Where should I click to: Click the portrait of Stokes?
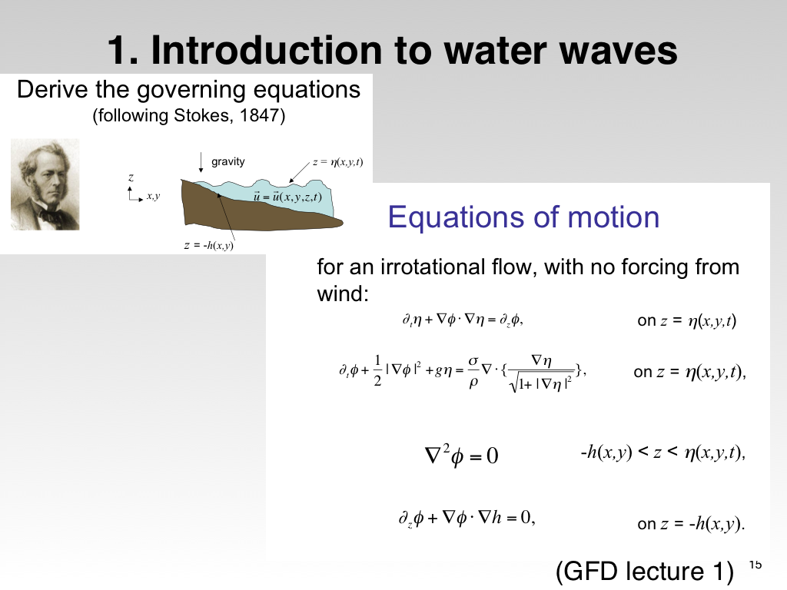(45, 184)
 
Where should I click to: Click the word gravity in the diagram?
(227, 161)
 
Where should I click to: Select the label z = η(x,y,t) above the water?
(337, 162)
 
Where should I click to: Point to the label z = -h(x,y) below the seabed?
(208, 245)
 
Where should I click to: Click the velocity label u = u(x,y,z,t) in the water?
(287, 197)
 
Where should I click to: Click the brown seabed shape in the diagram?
(251, 210)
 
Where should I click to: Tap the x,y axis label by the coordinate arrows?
(153, 196)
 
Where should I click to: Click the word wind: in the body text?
(343, 293)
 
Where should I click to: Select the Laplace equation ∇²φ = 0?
(461, 455)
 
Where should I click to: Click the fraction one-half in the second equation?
(377, 371)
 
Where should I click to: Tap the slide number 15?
(755, 565)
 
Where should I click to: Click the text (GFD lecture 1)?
(645, 571)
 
